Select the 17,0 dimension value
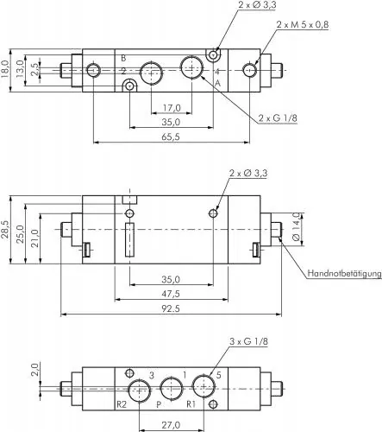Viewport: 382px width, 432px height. [171, 108]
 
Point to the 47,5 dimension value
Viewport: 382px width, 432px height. [170, 294]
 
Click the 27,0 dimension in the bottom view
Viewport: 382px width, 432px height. [170, 423]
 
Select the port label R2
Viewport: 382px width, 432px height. [122, 403]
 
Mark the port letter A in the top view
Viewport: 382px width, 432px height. [217, 82]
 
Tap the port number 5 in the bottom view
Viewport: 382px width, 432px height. [218, 374]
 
